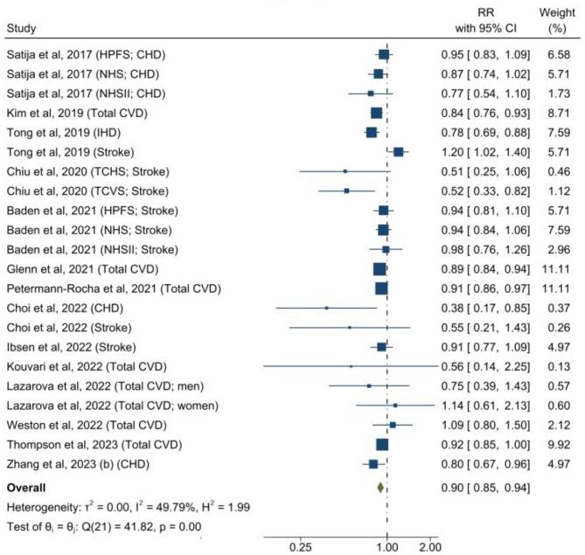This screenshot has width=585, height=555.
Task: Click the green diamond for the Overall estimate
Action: point(380,487)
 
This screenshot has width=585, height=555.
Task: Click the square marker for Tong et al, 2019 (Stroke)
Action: point(399,152)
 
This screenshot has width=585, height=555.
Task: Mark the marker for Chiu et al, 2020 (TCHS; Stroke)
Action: point(345,171)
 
